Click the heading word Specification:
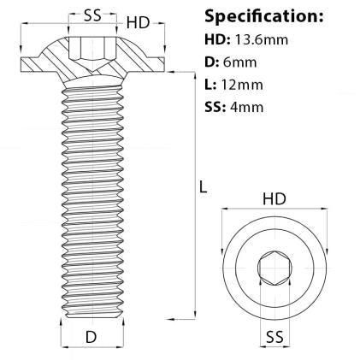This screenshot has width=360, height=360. coord(264,16)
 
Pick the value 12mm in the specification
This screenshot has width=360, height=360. coord(251,86)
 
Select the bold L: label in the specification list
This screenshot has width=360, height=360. coord(215,86)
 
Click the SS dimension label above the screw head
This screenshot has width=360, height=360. coord(83,15)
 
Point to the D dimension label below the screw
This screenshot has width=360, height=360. coord(91,337)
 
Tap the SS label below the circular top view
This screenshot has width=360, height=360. coord(274,334)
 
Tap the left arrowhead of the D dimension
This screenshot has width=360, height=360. coord(64,337)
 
